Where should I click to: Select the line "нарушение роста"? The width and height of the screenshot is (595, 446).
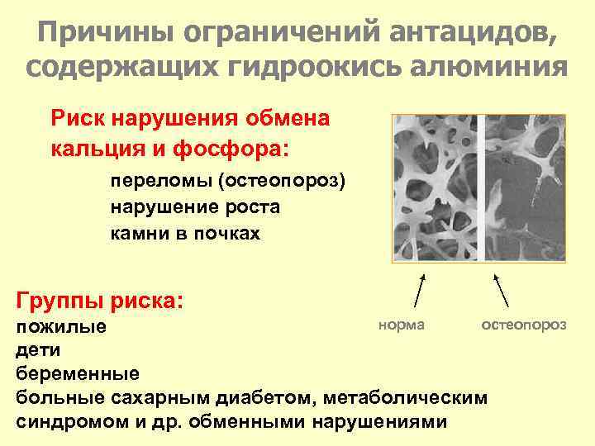click(x=195, y=207)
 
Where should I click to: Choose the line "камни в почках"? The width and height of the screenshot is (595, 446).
click(x=185, y=234)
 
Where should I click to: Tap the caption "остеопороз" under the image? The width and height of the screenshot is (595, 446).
click(x=524, y=325)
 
